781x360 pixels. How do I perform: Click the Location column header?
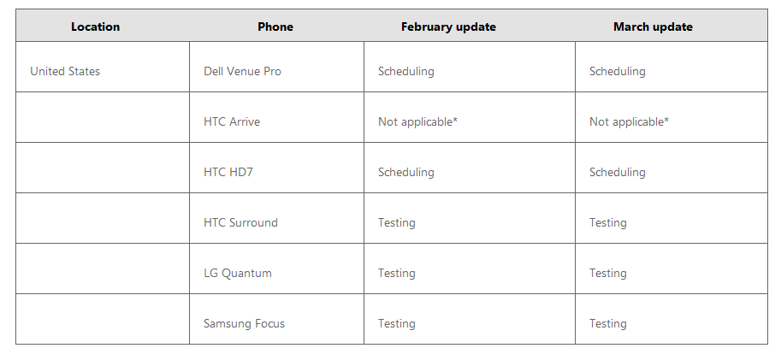[95, 27]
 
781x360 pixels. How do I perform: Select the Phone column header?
[275, 27]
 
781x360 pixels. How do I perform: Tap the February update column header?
[448, 27]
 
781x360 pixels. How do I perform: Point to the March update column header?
[653, 27]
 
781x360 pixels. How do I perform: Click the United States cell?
[65, 71]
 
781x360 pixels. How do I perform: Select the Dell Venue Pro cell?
[242, 71]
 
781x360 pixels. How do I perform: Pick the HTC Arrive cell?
[232, 121]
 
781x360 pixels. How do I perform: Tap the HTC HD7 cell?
[228, 172]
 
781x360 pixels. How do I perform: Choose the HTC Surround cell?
[240, 222]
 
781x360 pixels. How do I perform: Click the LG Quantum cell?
[238, 273]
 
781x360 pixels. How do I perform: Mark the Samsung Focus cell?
[244, 323]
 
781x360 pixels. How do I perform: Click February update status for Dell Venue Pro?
[406, 71]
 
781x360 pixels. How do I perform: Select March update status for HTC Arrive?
[629, 121]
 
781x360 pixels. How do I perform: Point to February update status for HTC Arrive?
[417, 121]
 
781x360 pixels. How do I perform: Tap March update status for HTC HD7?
[617, 172]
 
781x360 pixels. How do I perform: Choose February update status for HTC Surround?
[396, 222]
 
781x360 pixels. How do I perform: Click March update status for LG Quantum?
[607, 273]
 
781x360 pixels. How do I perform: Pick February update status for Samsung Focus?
[396, 323]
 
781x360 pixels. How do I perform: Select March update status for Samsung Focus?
[607, 323]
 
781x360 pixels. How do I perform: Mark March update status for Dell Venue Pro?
[617, 71]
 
